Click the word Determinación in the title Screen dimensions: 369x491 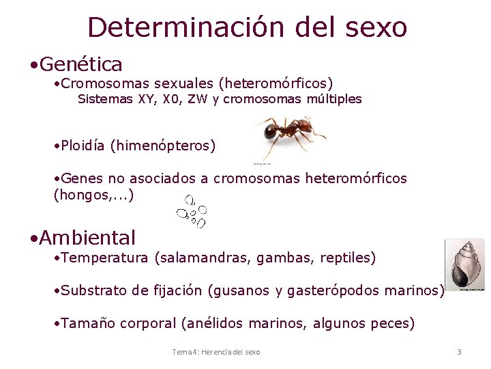pyautogui.click(x=185, y=27)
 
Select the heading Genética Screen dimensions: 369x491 pyautogui.click(x=81, y=65)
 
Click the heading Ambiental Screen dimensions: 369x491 pyautogui.click(x=87, y=238)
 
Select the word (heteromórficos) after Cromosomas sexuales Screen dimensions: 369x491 pyautogui.click(x=276, y=83)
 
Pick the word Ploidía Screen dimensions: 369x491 pyautogui.click(x=83, y=146)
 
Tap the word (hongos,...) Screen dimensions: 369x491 pyautogui.click(x=93, y=195)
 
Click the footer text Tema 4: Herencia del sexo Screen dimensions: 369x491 pyautogui.click(x=215, y=352)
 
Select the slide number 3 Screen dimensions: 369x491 pyautogui.click(x=459, y=352)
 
